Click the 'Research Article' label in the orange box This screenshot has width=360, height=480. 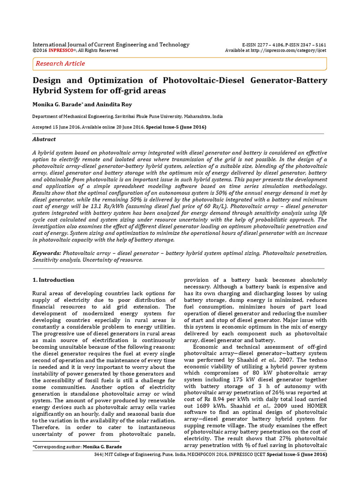[x=60, y=63]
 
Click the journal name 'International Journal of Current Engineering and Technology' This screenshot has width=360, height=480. [x=111, y=45]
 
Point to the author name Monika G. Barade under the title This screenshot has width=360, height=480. [x=59, y=103]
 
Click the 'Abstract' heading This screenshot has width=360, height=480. [x=44, y=139]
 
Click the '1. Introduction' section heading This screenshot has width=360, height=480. [x=53, y=280]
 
